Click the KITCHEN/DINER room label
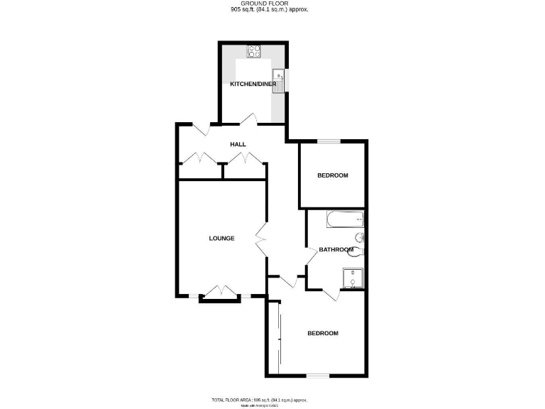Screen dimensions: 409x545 (x=253, y=84)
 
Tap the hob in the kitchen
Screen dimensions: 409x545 (x=253, y=51)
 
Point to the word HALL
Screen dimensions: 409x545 (x=238, y=145)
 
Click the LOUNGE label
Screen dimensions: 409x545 (x=221, y=239)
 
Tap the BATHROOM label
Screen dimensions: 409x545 (x=336, y=250)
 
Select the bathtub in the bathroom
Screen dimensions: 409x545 (x=345, y=220)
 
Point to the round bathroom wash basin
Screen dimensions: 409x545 (x=359, y=238)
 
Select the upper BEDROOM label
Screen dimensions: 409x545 (x=332, y=176)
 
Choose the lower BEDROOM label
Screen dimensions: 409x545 (x=322, y=334)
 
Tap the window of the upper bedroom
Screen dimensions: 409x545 (x=328, y=141)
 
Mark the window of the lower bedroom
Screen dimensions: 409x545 (x=318, y=374)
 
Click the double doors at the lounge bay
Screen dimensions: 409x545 (x=219, y=292)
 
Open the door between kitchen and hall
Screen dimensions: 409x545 (x=248, y=119)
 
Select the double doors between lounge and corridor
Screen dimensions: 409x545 (x=260, y=239)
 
